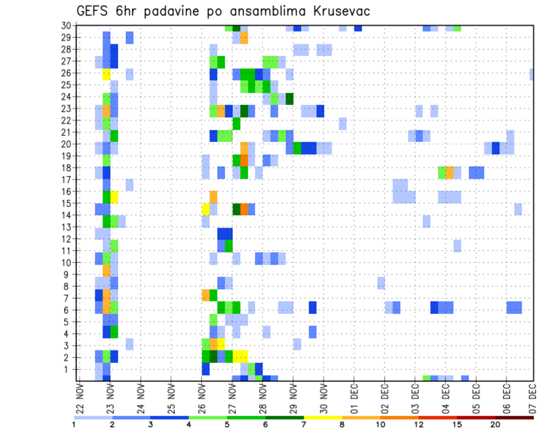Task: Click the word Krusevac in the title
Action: pos(338,11)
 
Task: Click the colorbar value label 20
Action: pos(495,424)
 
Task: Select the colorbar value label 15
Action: pos(457,424)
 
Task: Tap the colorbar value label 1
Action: pos(74,424)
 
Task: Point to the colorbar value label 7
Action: pos(303,424)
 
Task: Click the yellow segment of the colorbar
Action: pos(323,417)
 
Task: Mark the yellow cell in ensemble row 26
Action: pos(107,74)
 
